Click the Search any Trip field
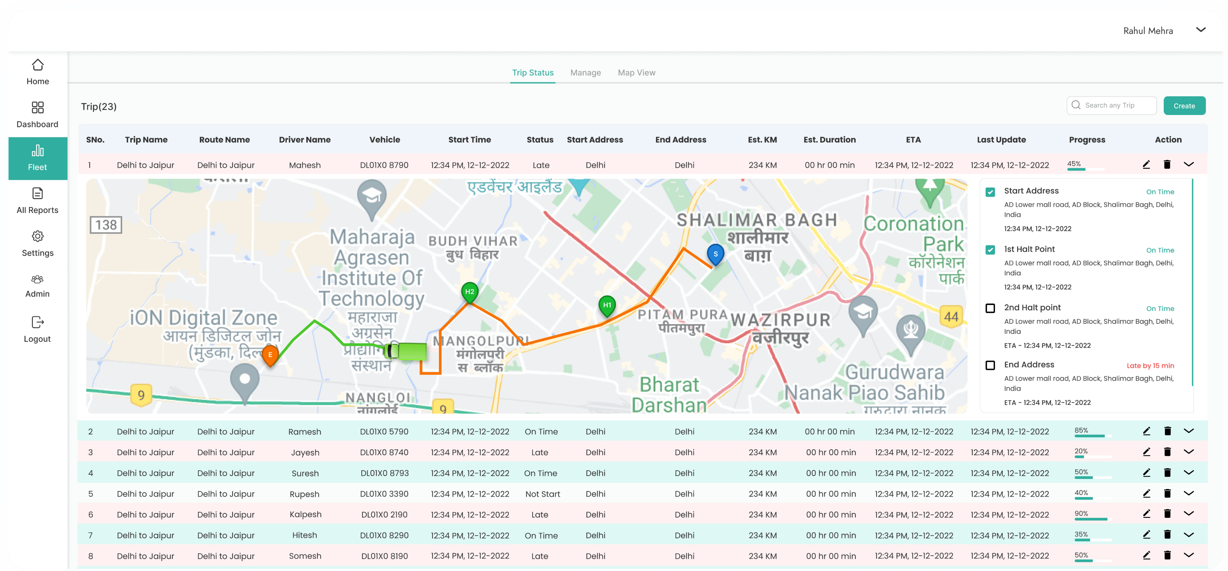(x=1115, y=105)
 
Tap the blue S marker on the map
(x=715, y=254)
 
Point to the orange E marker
(x=270, y=355)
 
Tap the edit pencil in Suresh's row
(x=1146, y=473)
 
